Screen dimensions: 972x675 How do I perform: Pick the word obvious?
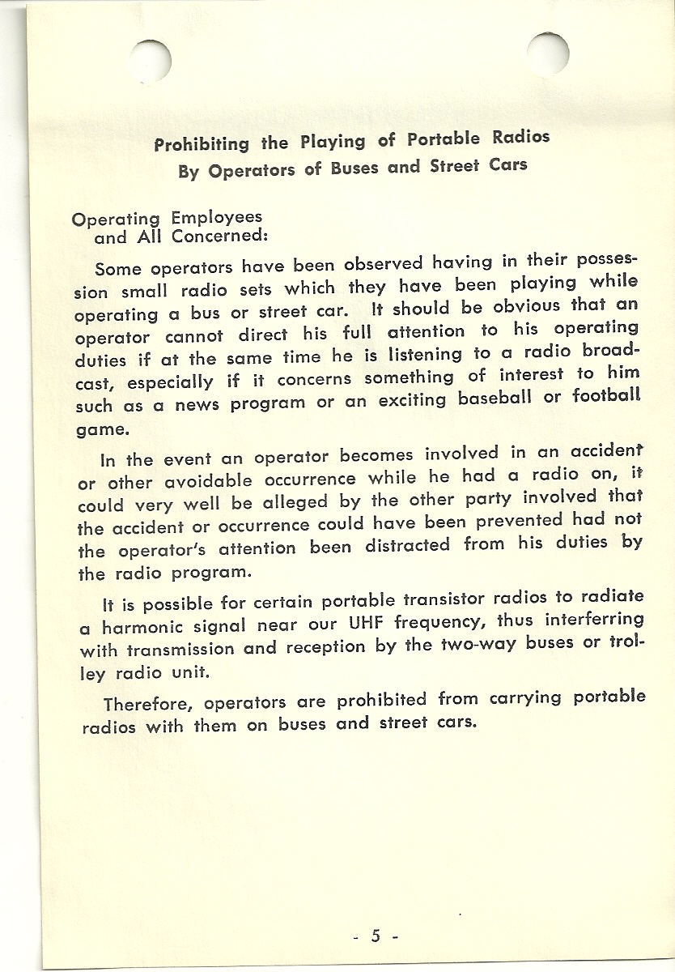point(526,307)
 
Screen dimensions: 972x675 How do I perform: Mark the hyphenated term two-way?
point(481,646)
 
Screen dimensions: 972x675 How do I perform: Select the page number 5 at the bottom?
point(376,936)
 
